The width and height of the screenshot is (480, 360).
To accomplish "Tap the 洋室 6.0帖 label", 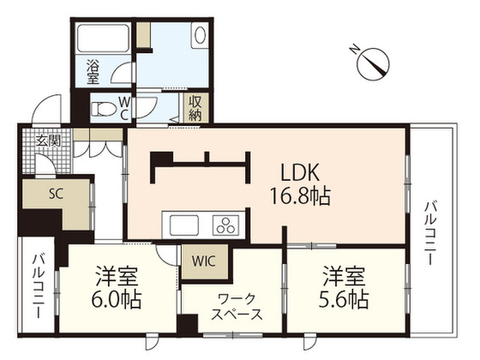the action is click(x=117, y=287).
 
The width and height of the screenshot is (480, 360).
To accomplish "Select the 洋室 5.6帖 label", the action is click(x=343, y=287).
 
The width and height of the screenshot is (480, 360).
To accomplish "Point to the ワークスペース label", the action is click(x=237, y=307).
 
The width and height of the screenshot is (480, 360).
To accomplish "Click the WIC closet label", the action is click(x=204, y=261).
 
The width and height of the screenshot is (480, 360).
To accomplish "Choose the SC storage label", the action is click(x=56, y=193).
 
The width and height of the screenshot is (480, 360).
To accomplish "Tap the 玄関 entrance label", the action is click(x=48, y=141).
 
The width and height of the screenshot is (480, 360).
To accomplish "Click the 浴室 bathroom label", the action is click(x=93, y=72).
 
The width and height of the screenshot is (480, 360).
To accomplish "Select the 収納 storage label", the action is click(x=196, y=108).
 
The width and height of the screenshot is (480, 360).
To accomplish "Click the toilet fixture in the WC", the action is click(x=103, y=108).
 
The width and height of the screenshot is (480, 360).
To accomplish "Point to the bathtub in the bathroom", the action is click(x=103, y=38).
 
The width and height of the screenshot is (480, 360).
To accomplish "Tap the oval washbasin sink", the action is click(x=200, y=35).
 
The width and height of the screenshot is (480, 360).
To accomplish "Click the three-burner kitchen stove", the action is click(x=226, y=225).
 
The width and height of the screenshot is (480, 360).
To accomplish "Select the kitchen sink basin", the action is click(x=184, y=225).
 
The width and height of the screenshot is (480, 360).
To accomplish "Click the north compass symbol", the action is click(x=373, y=64).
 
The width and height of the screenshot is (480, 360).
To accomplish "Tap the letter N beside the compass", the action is click(x=355, y=49).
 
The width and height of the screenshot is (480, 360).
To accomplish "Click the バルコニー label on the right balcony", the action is click(x=430, y=232).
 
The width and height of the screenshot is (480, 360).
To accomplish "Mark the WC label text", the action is click(x=124, y=108).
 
